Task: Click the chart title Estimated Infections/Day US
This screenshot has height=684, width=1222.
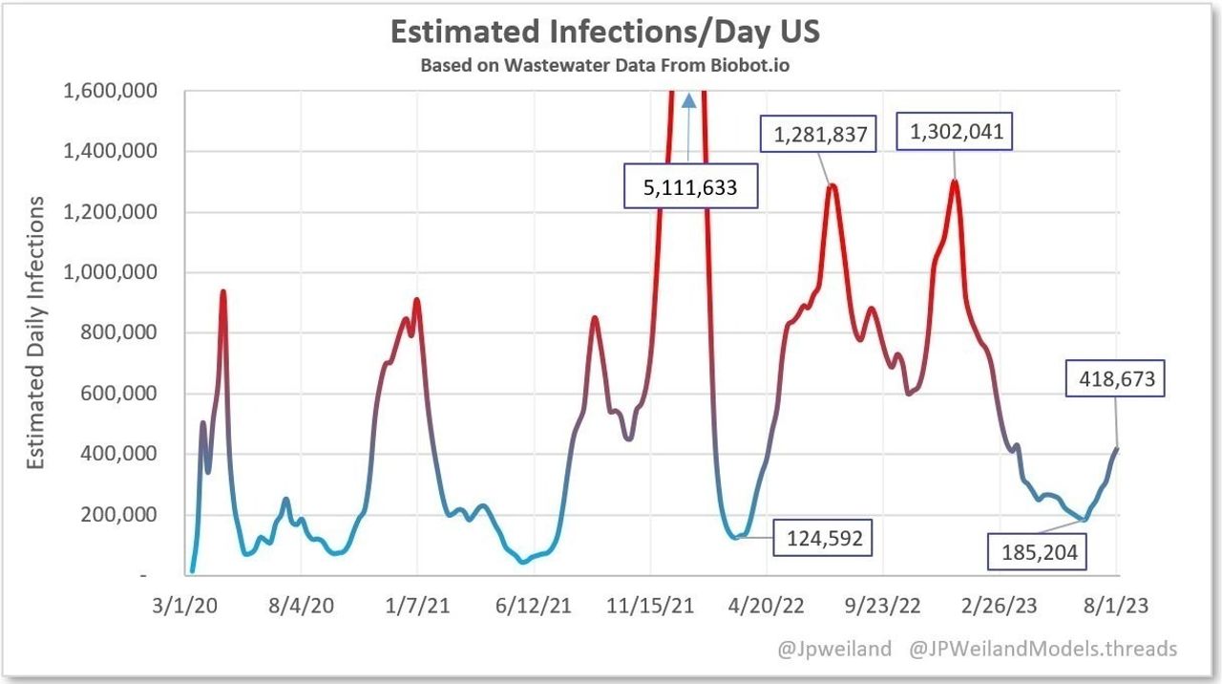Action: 605,32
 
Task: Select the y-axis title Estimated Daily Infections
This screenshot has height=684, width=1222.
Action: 35,332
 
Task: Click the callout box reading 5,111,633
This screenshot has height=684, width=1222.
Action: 690,187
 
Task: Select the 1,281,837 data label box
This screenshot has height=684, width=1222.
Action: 816,135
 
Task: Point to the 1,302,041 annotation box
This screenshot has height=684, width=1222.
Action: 952,132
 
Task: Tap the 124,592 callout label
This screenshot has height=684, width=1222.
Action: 825,538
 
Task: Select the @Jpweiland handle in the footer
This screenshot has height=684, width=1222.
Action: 834,650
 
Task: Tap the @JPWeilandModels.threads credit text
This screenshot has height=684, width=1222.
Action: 1043,650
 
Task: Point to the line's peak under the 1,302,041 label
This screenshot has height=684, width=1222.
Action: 955,182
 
